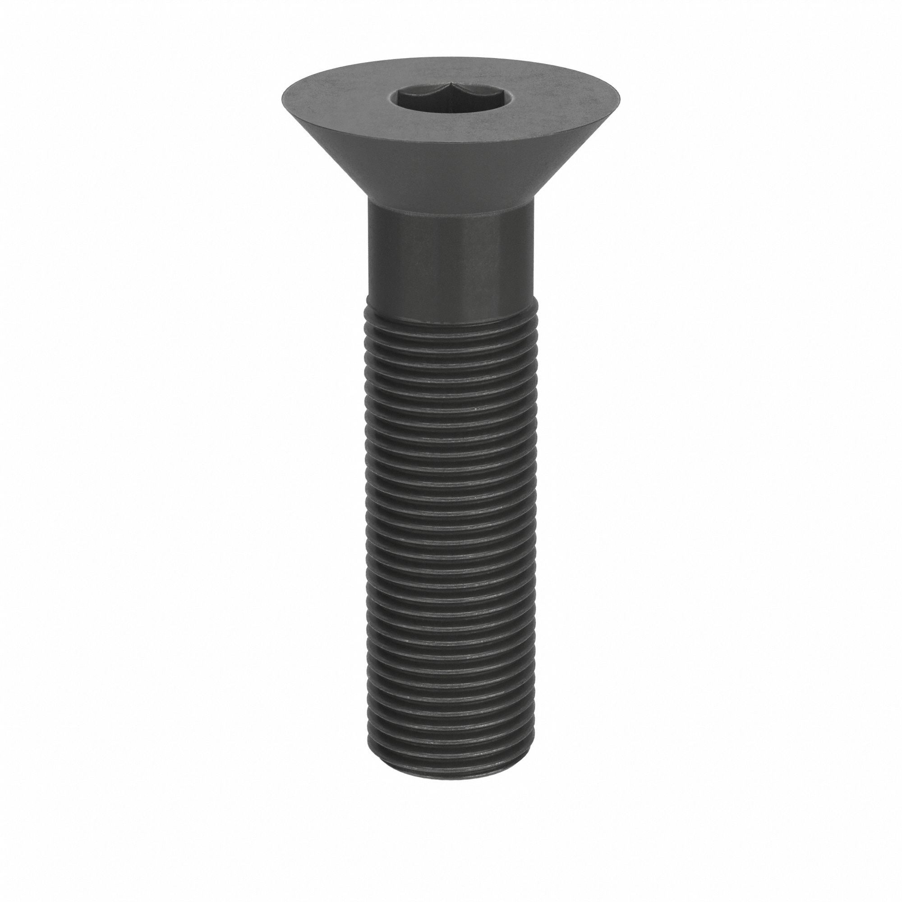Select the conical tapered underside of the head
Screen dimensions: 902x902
point(451,173)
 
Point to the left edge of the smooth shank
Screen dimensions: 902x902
point(370,262)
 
